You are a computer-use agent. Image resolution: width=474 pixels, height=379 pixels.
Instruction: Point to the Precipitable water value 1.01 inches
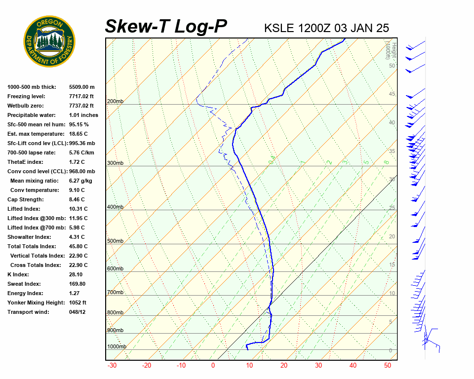(x=83, y=115)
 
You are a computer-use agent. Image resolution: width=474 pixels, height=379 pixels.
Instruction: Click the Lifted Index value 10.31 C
(x=78, y=209)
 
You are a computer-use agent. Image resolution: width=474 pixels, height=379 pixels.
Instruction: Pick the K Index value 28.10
(x=76, y=274)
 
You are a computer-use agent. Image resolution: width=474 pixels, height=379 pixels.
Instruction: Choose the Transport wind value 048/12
(x=78, y=312)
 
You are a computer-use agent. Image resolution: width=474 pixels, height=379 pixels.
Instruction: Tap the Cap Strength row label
(x=26, y=199)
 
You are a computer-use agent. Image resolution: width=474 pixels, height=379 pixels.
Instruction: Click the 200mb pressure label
(x=115, y=102)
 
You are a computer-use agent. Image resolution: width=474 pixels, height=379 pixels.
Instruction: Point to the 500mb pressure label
(x=115, y=241)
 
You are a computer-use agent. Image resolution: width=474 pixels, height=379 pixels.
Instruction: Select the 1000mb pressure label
(x=117, y=346)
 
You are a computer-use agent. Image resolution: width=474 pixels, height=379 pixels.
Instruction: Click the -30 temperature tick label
(x=112, y=366)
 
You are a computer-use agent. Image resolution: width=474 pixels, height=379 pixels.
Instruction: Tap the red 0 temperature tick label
(x=213, y=366)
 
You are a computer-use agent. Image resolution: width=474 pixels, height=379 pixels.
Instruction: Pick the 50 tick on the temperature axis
(x=388, y=366)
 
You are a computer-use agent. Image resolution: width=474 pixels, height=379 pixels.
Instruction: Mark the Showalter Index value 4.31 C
(x=77, y=237)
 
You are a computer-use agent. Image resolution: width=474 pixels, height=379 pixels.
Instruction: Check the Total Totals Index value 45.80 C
(x=78, y=246)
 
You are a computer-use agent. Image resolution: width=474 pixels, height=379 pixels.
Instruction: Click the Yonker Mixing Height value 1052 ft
(x=78, y=303)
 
